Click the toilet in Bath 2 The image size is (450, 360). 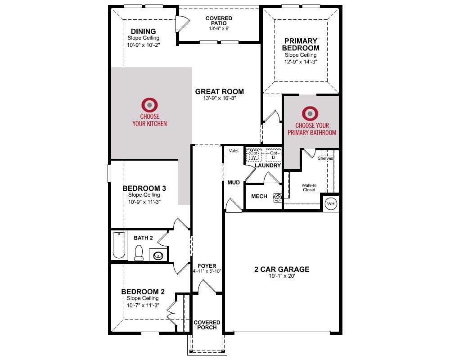coord(139,252)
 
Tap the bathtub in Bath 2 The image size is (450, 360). coord(119,245)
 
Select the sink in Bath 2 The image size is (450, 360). coord(158,255)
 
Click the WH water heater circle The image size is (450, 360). coord(331,204)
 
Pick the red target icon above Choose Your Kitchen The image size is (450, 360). coord(149,105)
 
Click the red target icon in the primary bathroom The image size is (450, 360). coord(310,113)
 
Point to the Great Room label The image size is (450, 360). coord(220,92)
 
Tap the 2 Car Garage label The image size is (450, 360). coord(282,269)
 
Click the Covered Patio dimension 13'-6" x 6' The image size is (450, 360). coord(219,28)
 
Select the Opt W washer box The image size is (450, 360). coord(253,155)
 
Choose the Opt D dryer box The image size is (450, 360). coord(273,155)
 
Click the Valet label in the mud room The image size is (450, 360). coord(234,151)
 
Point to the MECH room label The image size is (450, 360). coord(259,196)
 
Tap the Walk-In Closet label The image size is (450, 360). coord(309,188)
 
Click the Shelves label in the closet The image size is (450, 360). coord(325,158)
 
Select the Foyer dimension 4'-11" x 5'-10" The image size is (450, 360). coord(207,271)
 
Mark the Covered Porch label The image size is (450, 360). coord(207,325)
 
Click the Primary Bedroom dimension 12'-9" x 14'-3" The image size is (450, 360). coord(301,62)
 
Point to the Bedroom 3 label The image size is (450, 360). coord(144,189)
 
